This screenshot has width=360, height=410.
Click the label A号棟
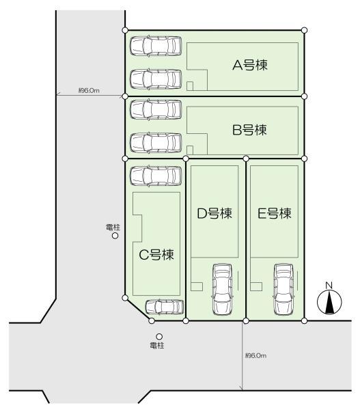(x=249, y=66)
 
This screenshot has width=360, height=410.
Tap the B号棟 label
(x=249, y=129)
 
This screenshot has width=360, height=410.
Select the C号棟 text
(x=156, y=255)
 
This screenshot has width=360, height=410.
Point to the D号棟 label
(x=214, y=213)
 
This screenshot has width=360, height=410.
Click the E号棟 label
(x=275, y=213)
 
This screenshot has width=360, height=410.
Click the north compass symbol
(x=329, y=301)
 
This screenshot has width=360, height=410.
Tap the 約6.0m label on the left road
(x=89, y=90)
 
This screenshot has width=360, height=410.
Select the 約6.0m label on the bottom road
(x=255, y=356)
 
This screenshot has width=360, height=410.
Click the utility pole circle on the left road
(x=115, y=236)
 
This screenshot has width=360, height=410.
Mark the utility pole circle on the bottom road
(x=159, y=336)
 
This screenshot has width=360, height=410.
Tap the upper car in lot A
(x=156, y=46)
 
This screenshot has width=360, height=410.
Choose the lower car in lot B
(x=156, y=142)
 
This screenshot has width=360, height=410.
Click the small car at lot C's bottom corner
(x=165, y=307)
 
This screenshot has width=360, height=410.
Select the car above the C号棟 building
(x=156, y=175)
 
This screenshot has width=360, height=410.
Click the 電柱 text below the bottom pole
(x=158, y=346)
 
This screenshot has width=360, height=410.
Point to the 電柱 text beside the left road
(x=113, y=227)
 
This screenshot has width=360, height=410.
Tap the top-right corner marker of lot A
(x=304, y=30)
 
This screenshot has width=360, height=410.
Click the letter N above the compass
(x=329, y=285)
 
